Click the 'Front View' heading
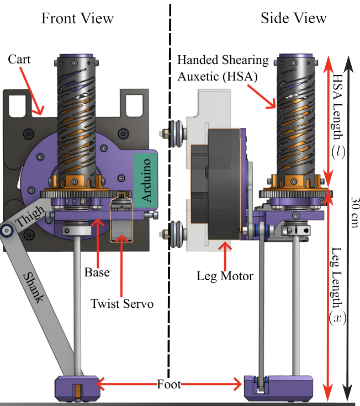77,18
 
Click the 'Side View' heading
294,18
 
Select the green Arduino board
146,180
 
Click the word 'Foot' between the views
168,384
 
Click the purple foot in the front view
78,387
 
